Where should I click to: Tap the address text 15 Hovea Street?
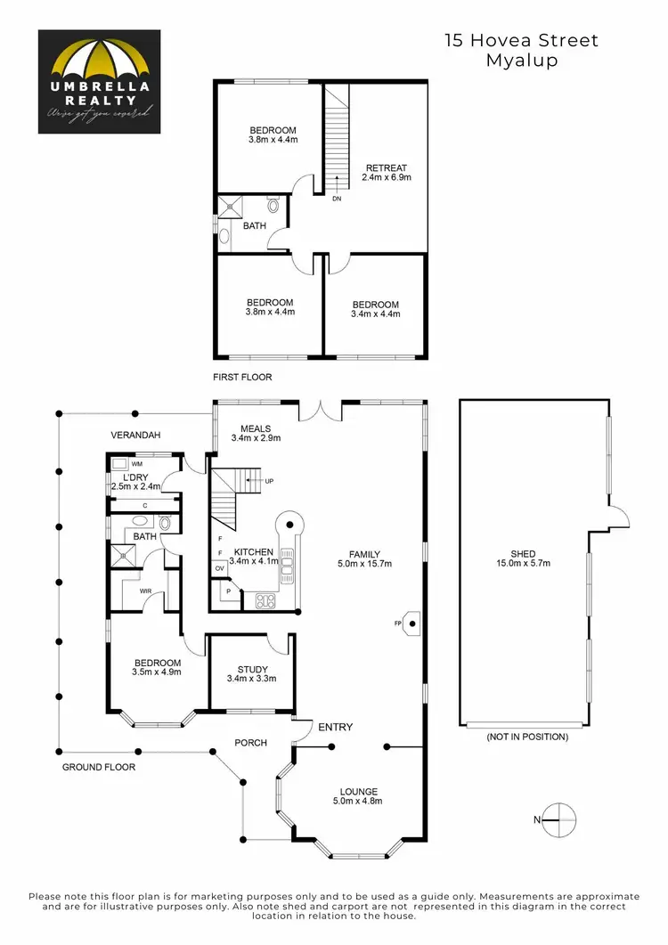coord(521,40)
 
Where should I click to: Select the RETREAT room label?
coord(386,167)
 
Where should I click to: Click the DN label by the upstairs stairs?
coord(337,199)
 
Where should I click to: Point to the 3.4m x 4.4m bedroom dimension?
coord(375,314)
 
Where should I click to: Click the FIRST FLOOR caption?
coord(242,378)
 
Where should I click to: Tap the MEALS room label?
coord(256,428)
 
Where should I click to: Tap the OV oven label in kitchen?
coord(219,567)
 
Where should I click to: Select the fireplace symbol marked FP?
coord(411,623)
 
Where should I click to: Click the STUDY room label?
coord(252,670)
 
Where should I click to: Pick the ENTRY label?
coord(336,728)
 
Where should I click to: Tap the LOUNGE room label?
coord(359,791)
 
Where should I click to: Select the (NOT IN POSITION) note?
coord(527,737)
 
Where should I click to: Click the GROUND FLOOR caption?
coord(99,767)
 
